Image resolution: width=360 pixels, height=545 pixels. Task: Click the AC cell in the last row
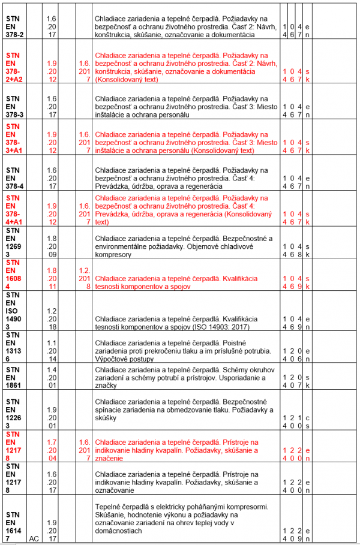point(35,538)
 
